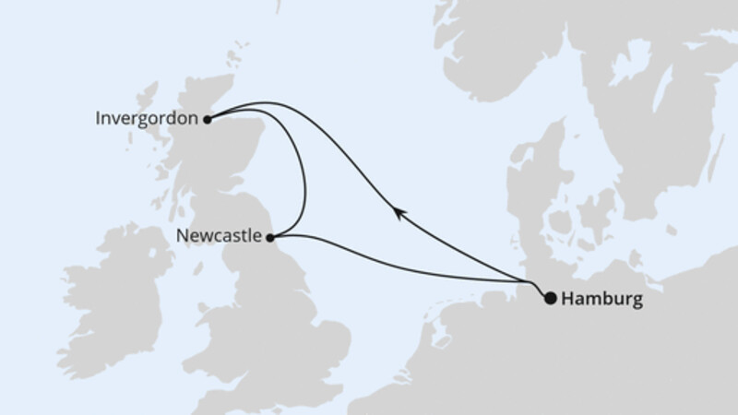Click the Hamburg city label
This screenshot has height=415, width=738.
click(x=601, y=299)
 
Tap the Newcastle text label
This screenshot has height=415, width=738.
click(x=218, y=236)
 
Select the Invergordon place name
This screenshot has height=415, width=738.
click(x=147, y=118)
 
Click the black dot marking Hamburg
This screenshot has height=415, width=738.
click(x=551, y=298)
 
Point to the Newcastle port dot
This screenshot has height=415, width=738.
click(x=270, y=238)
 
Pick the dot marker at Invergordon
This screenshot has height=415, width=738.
click(x=208, y=119)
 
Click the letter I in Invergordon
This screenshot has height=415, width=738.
click(x=98, y=118)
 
